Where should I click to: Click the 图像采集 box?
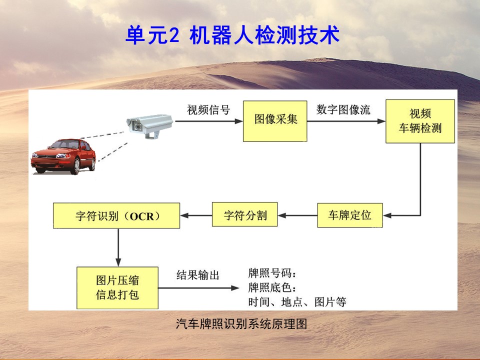pyautogui.click(x=275, y=121)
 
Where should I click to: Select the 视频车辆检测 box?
pyautogui.click(x=420, y=121)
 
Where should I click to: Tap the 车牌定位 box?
pyautogui.click(x=350, y=215)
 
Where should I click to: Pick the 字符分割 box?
pyautogui.click(x=244, y=214)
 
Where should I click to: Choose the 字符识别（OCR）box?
pyautogui.click(x=116, y=215)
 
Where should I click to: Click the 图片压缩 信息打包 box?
pyautogui.click(x=117, y=288)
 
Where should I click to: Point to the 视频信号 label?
pyautogui.click(x=208, y=109)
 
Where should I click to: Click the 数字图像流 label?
pyautogui.click(x=343, y=109)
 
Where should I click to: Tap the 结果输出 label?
pyautogui.click(x=198, y=275)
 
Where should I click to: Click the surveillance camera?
pyautogui.click(x=149, y=126)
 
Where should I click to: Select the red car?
pyautogui.click(x=63, y=156)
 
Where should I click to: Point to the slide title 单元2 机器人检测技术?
pyautogui.click(x=232, y=35)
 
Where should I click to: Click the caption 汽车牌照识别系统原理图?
pyautogui.click(x=241, y=323)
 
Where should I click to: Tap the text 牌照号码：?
pyautogui.click(x=272, y=273)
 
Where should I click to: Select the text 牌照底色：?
pyautogui.click(x=272, y=287)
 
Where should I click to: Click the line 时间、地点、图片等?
pyautogui.click(x=297, y=302)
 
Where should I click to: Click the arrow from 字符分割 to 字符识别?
pyautogui.click(x=196, y=215)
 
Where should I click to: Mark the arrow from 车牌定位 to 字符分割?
pyautogui.click(x=297, y=215)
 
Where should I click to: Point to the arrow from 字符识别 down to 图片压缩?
pyautogui.click(x=118, y=247)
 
